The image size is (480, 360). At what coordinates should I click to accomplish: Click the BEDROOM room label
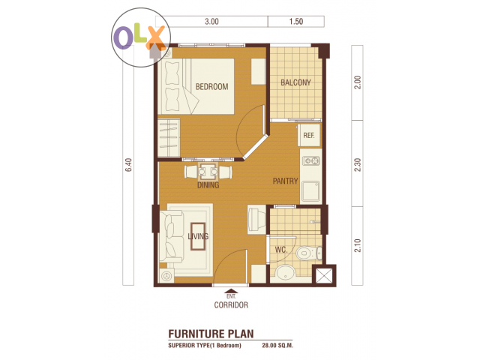coord(211,87)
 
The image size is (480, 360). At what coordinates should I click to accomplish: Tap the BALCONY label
coord(295,82)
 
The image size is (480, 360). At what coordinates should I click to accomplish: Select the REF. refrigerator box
coord(309,135)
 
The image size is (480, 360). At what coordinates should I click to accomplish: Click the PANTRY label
coord(285,181)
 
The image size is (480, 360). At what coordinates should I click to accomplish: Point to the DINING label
coord(208,185)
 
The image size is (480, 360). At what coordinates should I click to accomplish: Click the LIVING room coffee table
coord(198,236)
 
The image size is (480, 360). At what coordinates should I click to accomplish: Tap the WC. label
coord(281,250)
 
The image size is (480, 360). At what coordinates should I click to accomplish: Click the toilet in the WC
coord(309,253)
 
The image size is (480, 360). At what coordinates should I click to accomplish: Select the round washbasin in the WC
coord(285,273)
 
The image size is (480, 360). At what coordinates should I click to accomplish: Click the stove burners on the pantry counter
coord(311,160)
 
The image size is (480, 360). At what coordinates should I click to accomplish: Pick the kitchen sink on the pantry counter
coord(310,192)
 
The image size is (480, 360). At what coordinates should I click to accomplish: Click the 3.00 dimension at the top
coord(211,22)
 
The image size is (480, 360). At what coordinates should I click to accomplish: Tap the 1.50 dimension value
coord(296,22)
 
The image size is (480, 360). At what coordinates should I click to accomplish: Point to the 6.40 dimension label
coord(128,165)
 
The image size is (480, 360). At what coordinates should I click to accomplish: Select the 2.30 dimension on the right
coord(357,164)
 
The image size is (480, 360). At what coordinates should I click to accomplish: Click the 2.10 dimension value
coord(357,245)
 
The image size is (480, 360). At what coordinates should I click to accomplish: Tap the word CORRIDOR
coord(231,305)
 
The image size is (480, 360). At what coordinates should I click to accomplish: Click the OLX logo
coord(140,37)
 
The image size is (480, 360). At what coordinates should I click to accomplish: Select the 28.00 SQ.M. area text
coord(277,346)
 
